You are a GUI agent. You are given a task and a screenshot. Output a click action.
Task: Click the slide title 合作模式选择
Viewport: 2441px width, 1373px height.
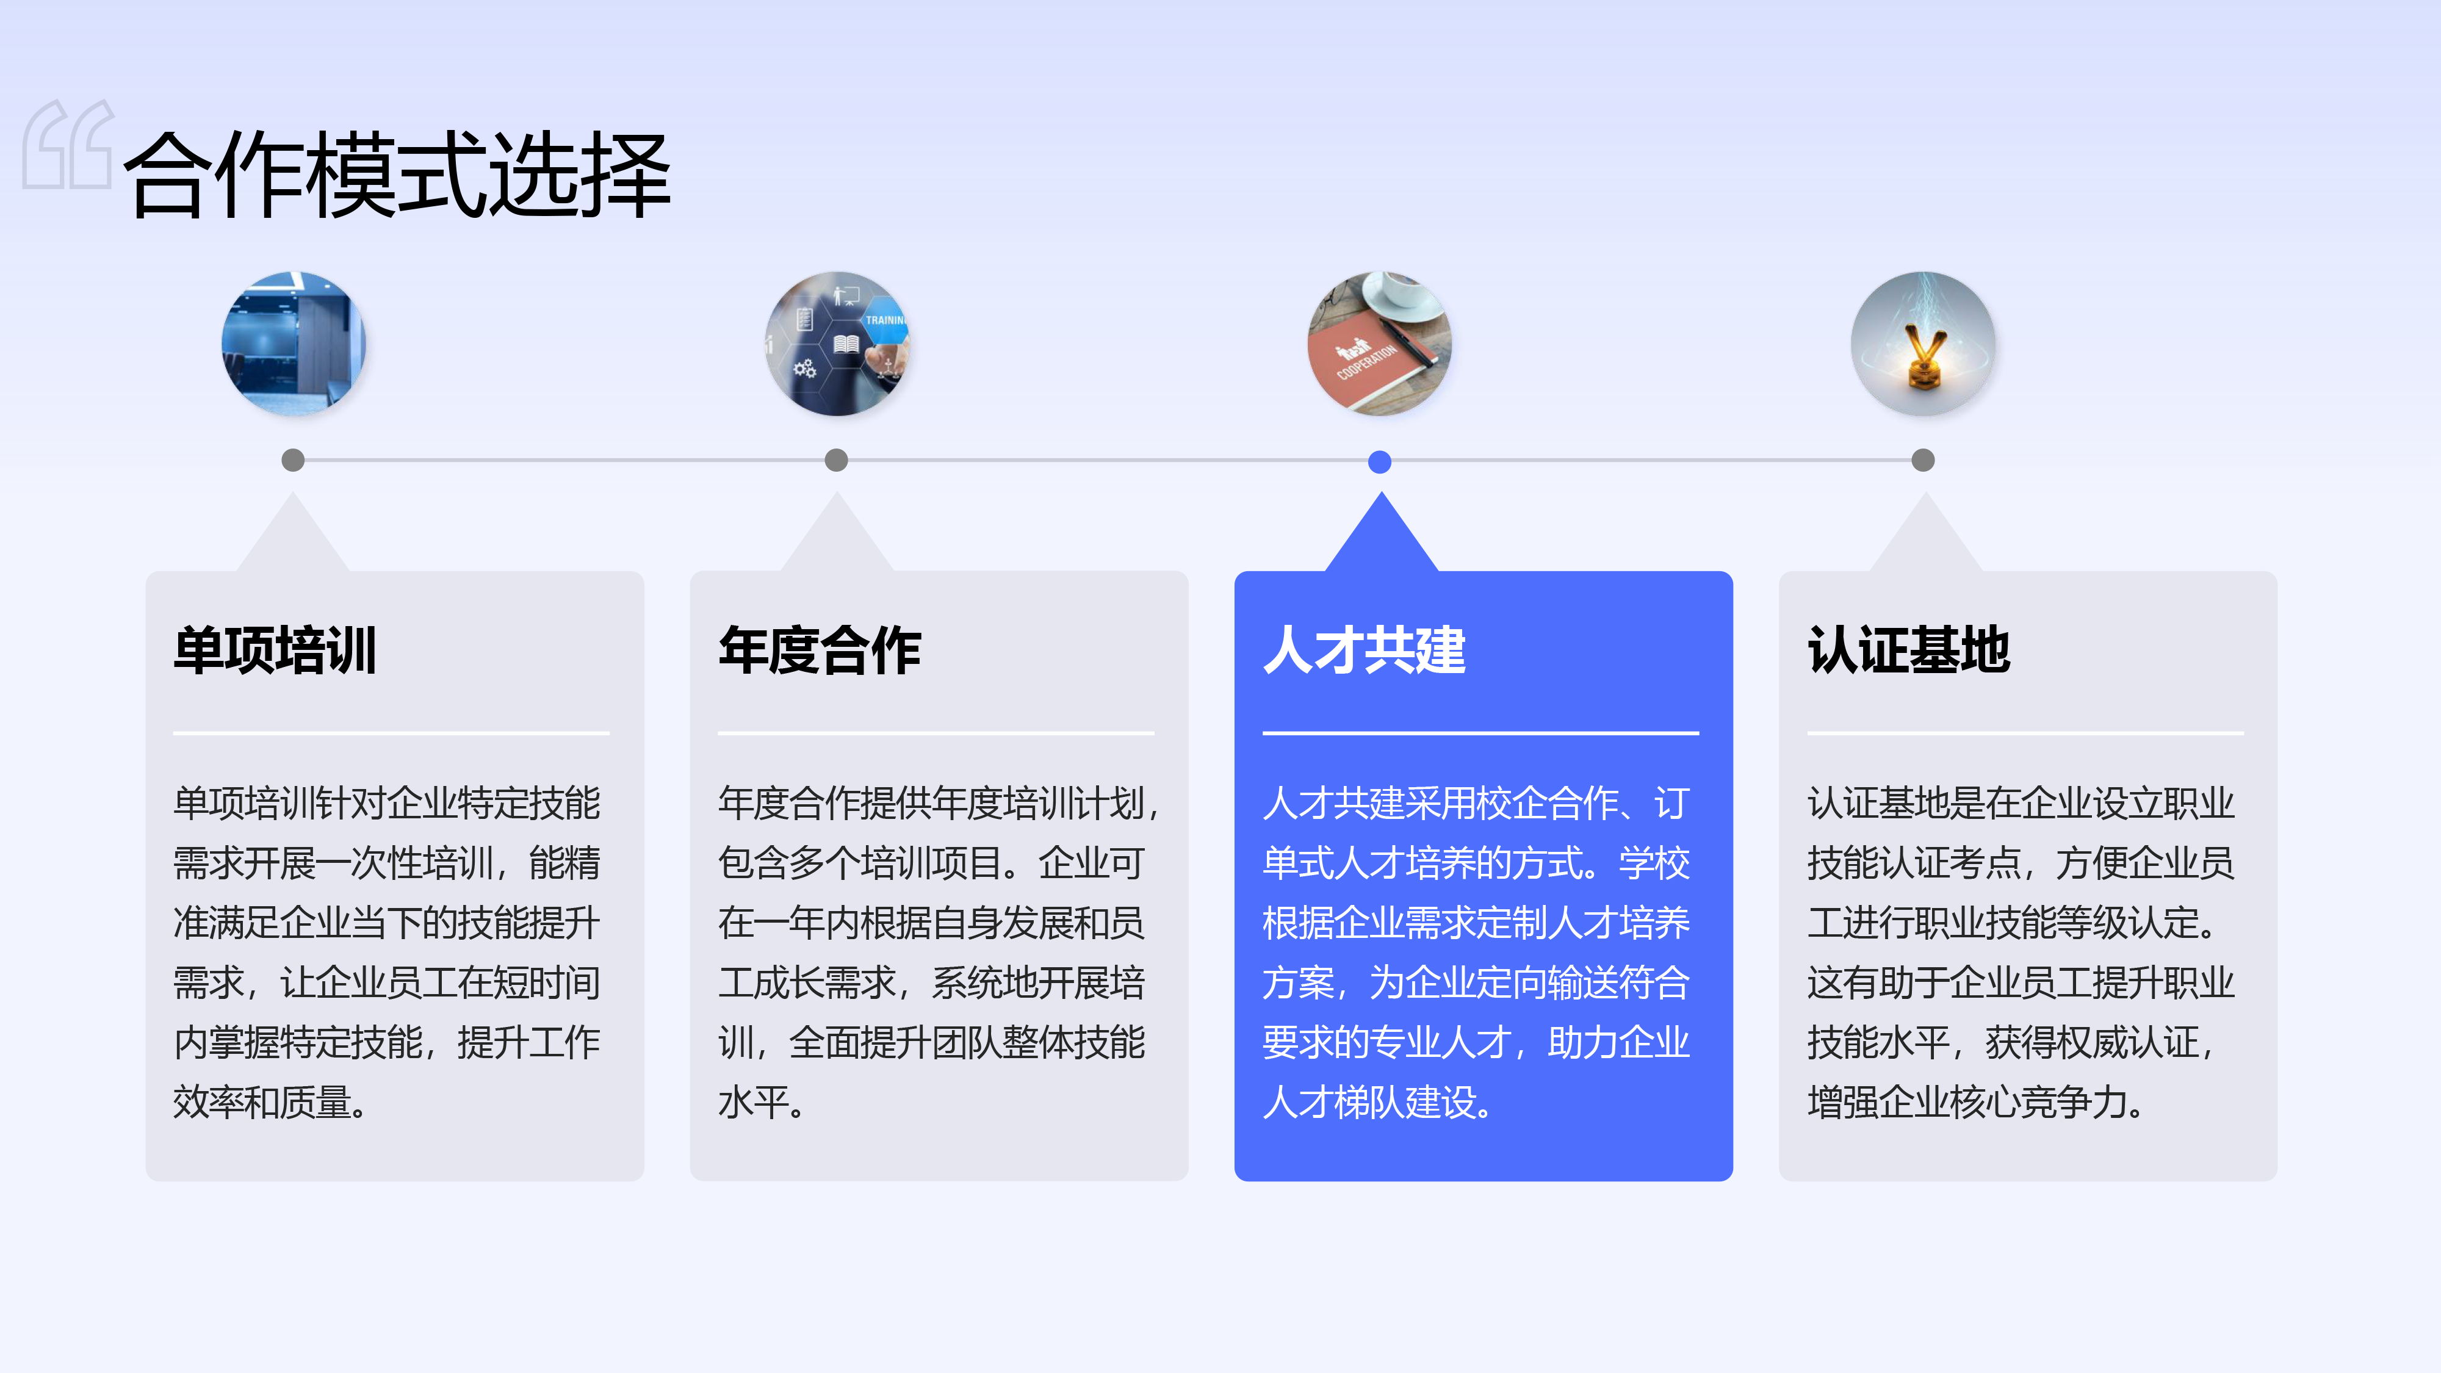click(398, 175)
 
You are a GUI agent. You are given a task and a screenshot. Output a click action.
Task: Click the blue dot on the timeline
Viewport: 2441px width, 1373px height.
click(1380, 461)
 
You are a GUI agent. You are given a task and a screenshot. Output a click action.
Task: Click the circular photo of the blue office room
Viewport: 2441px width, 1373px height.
click(293, 343)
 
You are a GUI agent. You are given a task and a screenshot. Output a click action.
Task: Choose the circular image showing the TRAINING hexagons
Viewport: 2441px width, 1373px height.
click(837, 343)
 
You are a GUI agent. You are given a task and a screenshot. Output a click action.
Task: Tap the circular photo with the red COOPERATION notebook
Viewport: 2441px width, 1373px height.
click(1380, 343)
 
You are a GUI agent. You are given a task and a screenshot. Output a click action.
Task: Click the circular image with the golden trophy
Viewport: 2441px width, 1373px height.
click(1923, 343)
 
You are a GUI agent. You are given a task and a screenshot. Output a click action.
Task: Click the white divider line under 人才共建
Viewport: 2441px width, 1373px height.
click(1480, 732)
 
